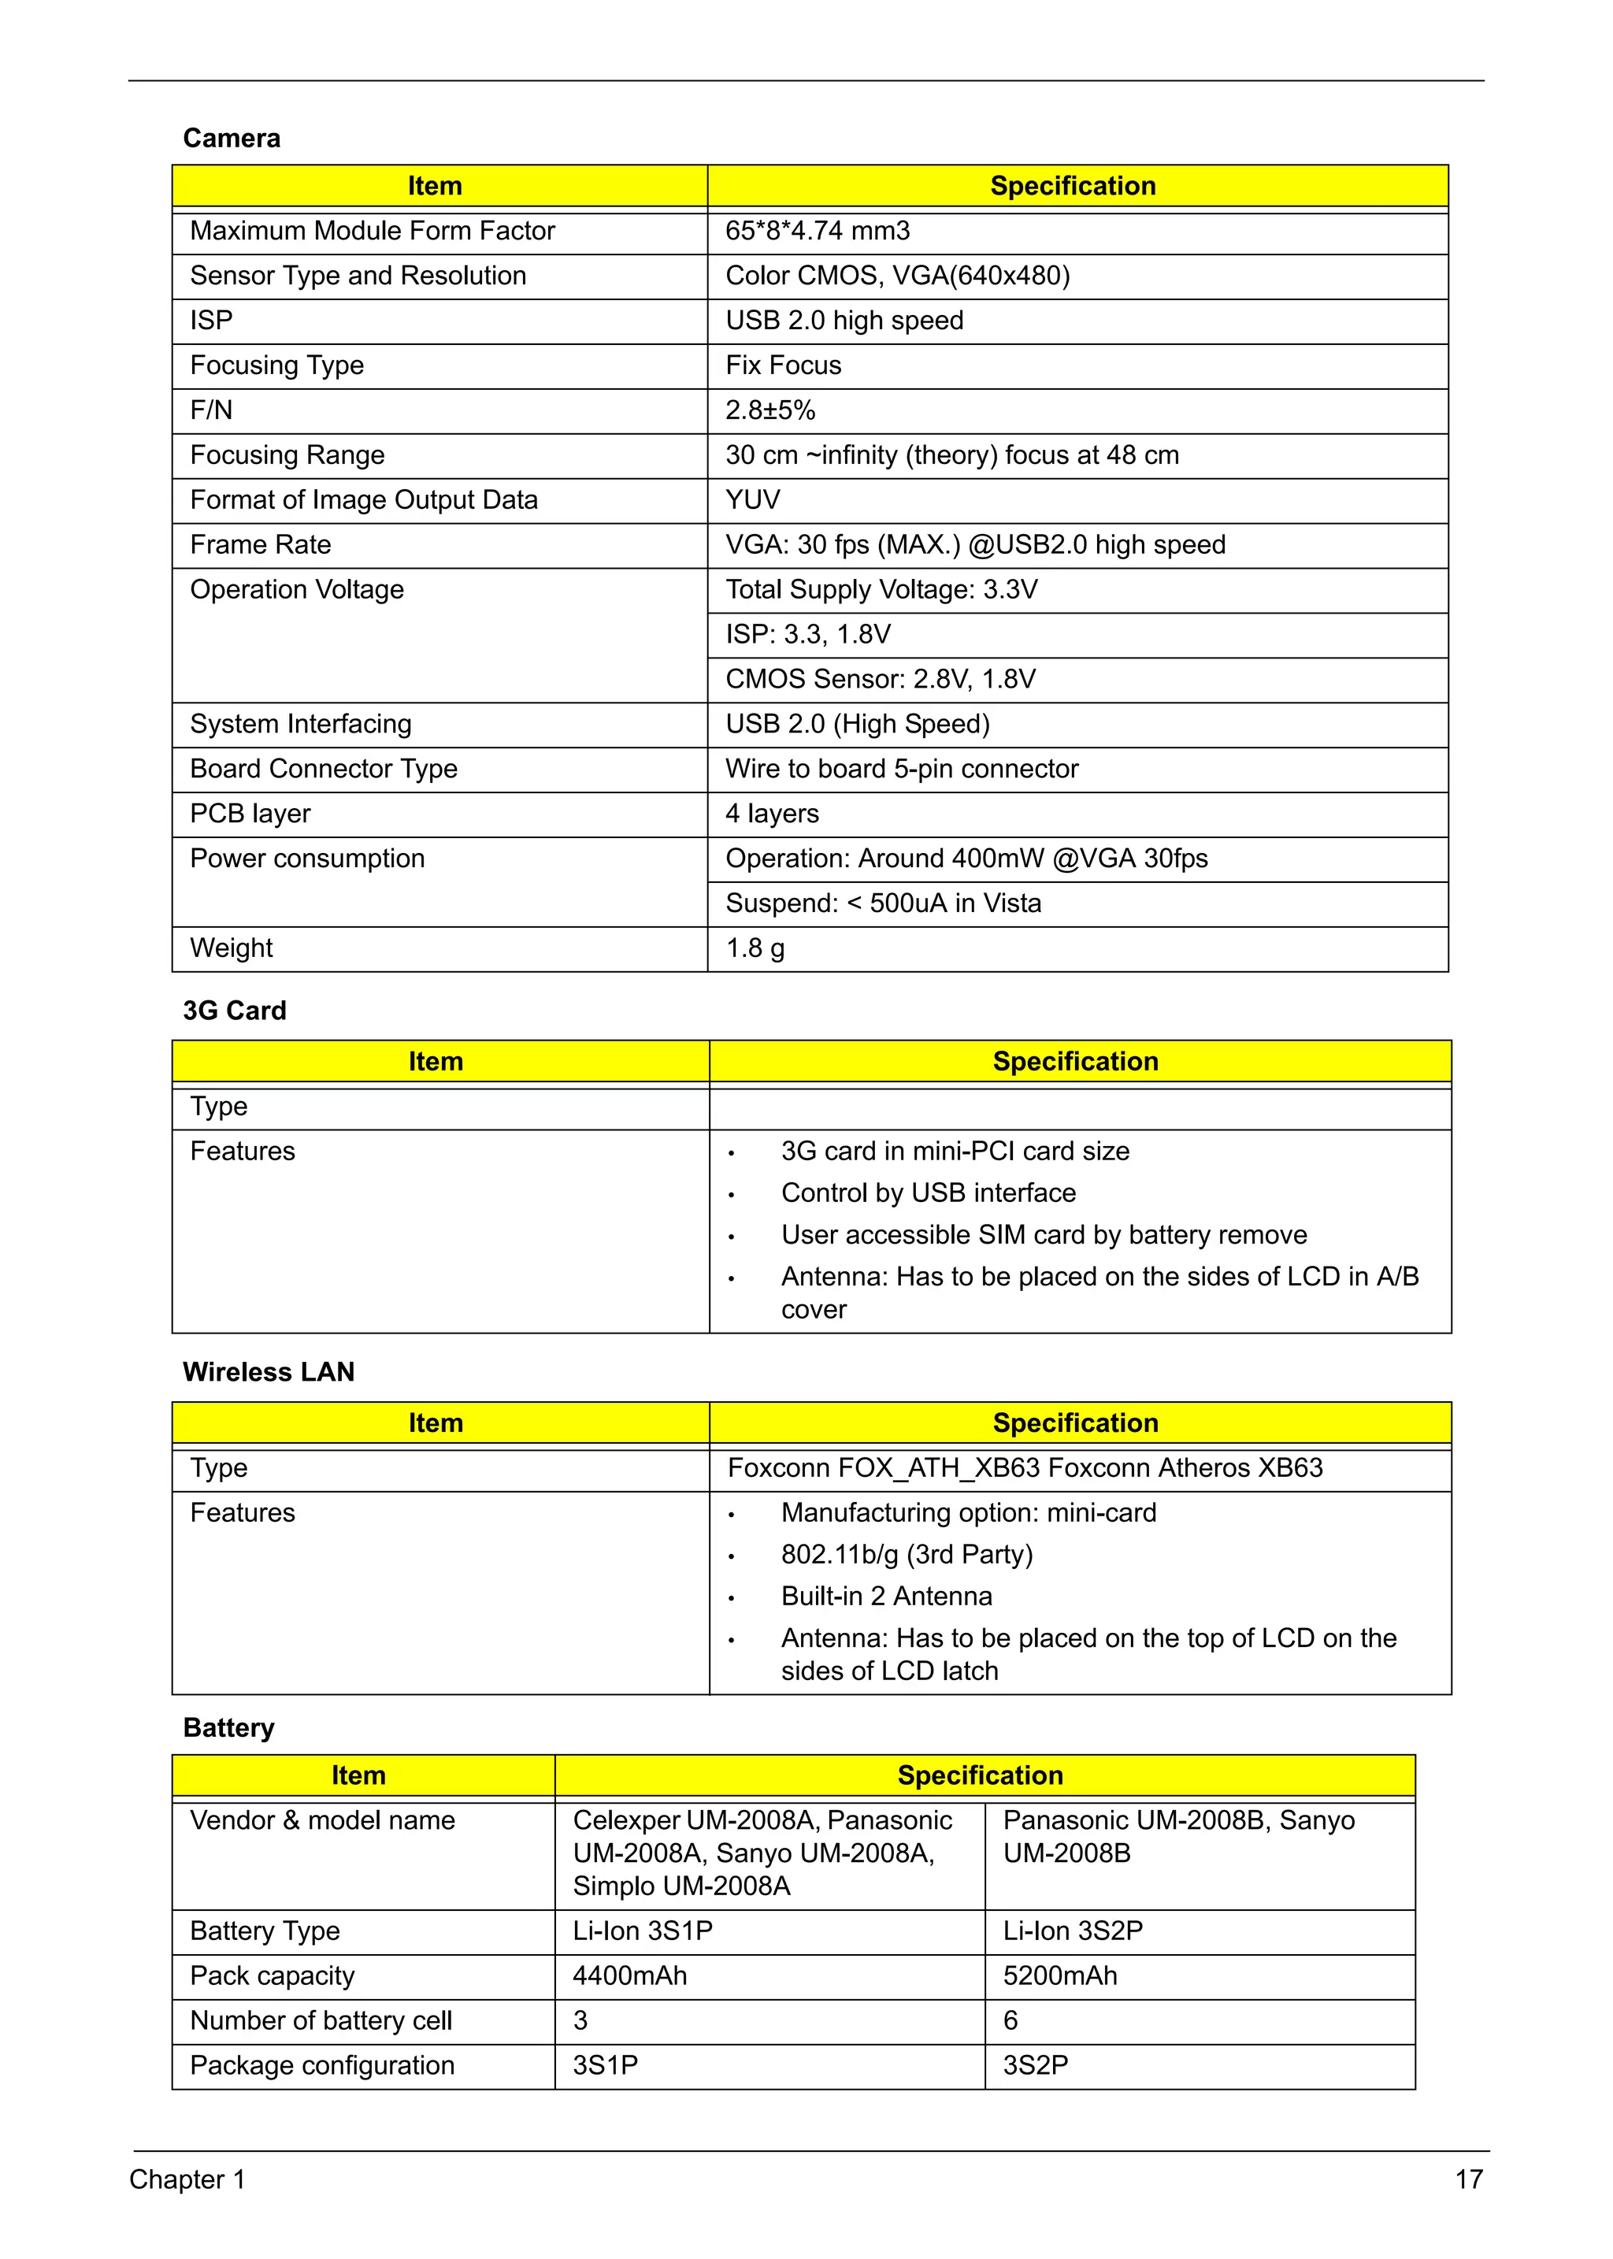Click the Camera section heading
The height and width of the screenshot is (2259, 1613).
[232, 138]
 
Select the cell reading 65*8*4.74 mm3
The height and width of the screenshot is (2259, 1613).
[817, 231]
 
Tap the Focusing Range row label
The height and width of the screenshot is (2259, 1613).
[287, 455]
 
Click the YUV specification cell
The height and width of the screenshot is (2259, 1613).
[753, 499]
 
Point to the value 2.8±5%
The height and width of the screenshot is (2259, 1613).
[769, 410]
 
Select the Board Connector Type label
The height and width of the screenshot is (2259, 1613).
[324, 769]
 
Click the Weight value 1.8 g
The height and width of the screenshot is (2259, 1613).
[755, 948]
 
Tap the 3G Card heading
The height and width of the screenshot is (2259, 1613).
[235, 1011]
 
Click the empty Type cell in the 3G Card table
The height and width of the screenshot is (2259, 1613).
[1079, 1107]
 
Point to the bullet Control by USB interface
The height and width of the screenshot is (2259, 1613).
[928, 1193]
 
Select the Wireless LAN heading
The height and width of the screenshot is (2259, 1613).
[268, 1372]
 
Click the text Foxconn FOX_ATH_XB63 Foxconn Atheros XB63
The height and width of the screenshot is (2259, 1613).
[1024, 1468]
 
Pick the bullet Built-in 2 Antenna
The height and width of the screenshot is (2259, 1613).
[886, 1597]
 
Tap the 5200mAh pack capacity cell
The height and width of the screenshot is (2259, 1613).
[1060, 1976]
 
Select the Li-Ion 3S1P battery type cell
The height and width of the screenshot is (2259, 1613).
[643, 1931]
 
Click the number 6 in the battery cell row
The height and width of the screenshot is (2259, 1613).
[1010, 2020]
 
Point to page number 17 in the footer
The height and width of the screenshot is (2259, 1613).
[1468, 2179]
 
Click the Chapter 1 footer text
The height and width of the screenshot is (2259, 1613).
[187, 2179]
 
